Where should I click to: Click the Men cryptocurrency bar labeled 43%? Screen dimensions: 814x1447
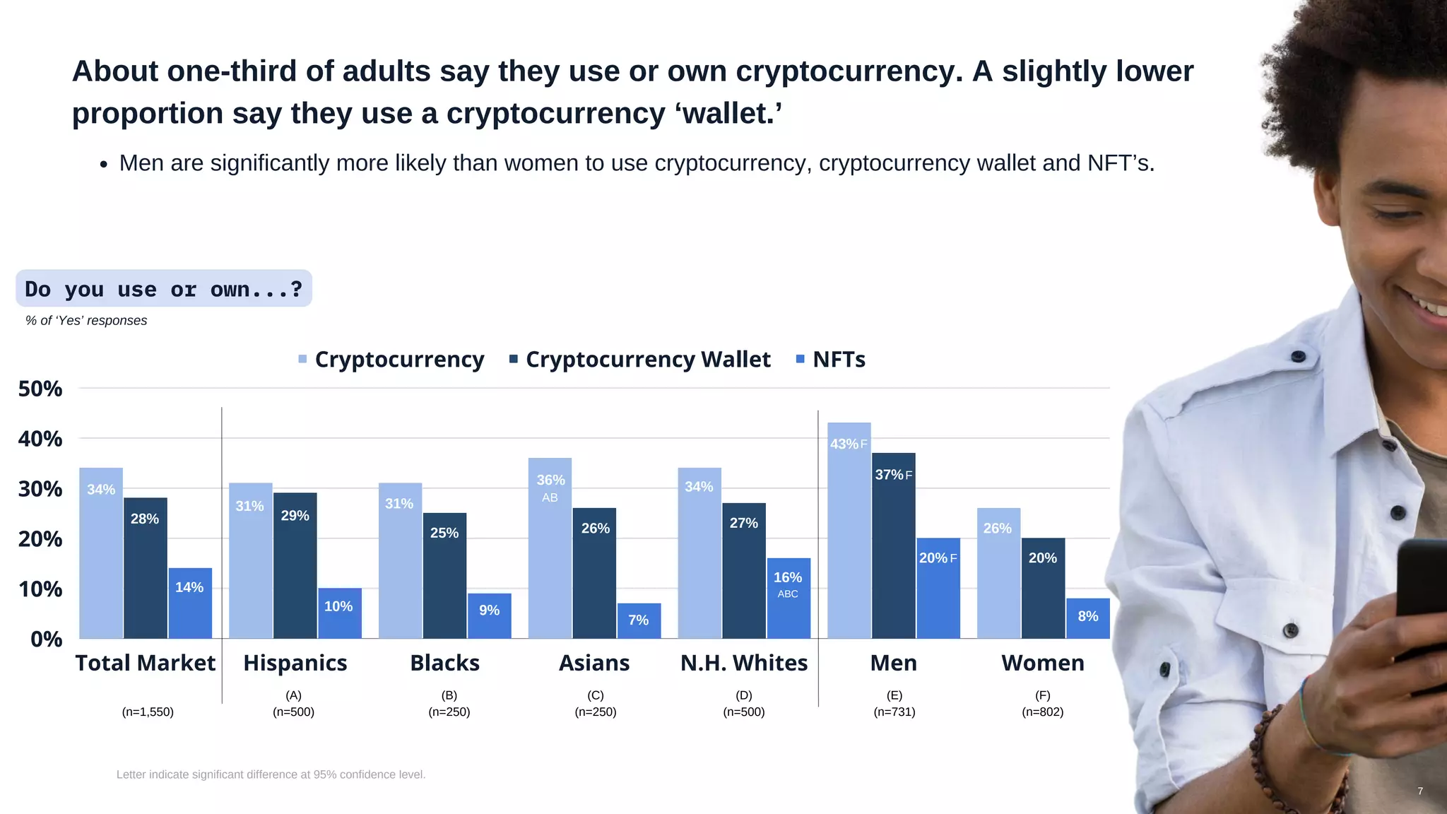(849, 530)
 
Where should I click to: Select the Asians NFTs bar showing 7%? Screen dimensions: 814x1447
(639, 620)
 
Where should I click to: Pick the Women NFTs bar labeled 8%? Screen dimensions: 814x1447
(1087, 618)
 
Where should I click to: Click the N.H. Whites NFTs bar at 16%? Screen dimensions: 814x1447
(788, 598)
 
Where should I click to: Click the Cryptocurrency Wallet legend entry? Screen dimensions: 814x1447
(640, 360)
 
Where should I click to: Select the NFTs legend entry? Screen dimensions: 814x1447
(831, 360)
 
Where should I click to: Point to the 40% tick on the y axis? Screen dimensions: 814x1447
(40, 439)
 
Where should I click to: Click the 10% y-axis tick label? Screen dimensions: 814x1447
(40, 589)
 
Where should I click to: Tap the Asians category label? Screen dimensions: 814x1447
(594, 663)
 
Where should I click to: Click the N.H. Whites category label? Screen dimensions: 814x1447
(743, 663)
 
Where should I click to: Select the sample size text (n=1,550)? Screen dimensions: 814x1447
(148, 712)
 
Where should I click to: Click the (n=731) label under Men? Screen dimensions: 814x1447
(894, 712)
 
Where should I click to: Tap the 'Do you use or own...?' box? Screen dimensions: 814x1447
(163, 289)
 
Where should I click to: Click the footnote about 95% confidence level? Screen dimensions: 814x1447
(271, 774)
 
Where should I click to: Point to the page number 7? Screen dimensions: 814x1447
(1419, 791)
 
